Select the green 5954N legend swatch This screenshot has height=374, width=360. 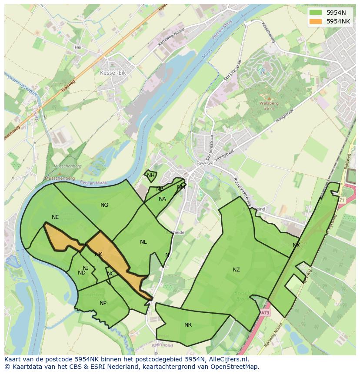tap(316, 13)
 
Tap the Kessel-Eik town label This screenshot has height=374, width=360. tap(113, 73)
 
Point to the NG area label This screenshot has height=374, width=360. tap(104, 205)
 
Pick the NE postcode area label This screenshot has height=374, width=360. tap(55, 217)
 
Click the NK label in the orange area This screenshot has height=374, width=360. tap(99, 255)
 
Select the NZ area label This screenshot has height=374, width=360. tap(236, 270)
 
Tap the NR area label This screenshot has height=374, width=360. tap(188, 325)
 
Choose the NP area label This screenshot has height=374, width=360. tap(103, 303)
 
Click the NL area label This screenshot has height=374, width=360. tap(143, 242)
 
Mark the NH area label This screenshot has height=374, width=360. tap(150, 176)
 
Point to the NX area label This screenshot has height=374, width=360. tap(296, 245)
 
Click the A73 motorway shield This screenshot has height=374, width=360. tap(265, 312)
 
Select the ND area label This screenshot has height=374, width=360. tap(82, 273)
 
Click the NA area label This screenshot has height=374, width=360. tap(162, 199)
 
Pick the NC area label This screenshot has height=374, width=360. tap(111, 274)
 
